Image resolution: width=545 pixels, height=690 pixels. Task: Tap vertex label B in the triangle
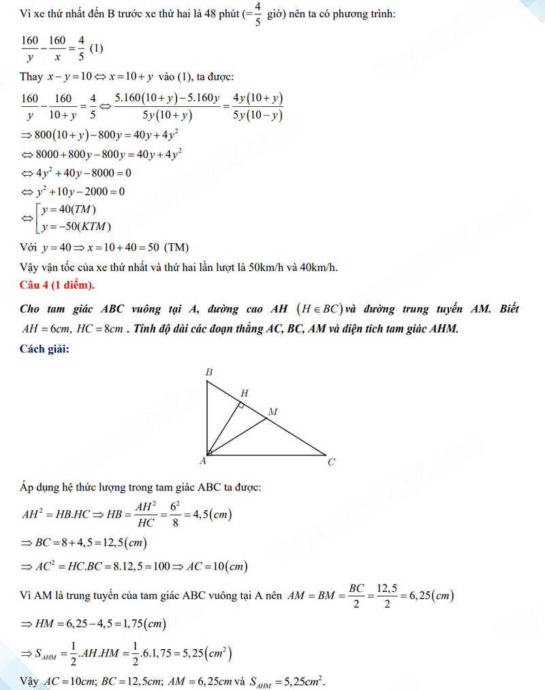(x=209, y=372)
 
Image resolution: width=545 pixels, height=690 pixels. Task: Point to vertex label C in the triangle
(x=331, y=462)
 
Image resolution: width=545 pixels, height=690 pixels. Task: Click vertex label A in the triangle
(x=202, y=462)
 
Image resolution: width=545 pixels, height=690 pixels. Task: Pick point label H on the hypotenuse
(x=244, y=393)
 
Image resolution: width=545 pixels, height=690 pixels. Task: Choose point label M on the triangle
(x=272, y=412)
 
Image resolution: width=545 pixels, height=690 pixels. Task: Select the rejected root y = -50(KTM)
(x=76, y=226)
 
